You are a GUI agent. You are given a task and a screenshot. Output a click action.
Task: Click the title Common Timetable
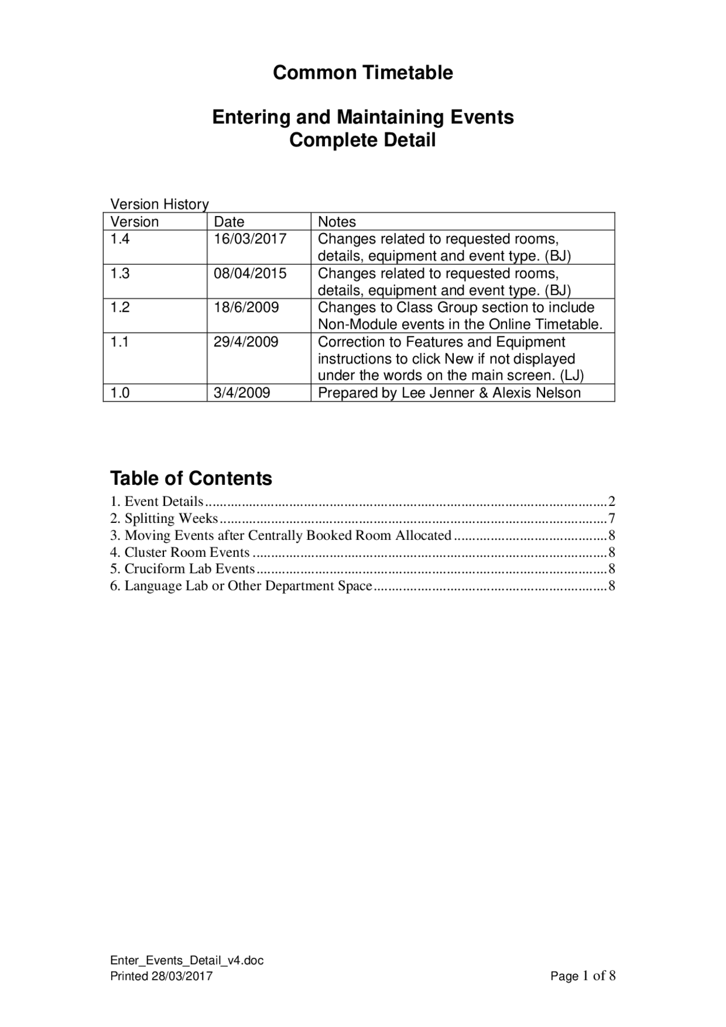click(362, 73)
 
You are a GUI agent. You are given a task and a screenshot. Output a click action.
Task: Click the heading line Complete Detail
click(362, 140)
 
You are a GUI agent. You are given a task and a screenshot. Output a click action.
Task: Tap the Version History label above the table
click(159, 204)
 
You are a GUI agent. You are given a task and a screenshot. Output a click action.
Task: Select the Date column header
click(229, 222)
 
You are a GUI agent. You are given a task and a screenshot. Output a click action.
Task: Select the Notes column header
click(337, 222)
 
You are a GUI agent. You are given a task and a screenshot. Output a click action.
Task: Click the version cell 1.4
click(120, 239)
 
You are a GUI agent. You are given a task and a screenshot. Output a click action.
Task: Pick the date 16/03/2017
click(250, 239)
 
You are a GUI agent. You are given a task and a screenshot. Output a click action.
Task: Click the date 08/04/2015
click(250, 273)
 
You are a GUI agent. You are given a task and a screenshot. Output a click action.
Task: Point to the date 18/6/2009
click(246, 308)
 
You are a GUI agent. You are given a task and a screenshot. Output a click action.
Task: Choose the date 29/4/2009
click(246, 342)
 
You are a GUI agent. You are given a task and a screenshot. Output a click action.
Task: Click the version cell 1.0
click(120, 393)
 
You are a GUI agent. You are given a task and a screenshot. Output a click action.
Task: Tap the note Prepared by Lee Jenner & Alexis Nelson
click(449, 393)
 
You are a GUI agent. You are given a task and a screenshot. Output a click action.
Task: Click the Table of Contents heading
click(191, 478)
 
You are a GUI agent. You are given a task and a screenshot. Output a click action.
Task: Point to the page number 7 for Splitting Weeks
click(611, 518)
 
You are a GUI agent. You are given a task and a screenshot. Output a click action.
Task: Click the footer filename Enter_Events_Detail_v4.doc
click(187, 960)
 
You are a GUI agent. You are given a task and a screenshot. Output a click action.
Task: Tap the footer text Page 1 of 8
click(583, 976)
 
